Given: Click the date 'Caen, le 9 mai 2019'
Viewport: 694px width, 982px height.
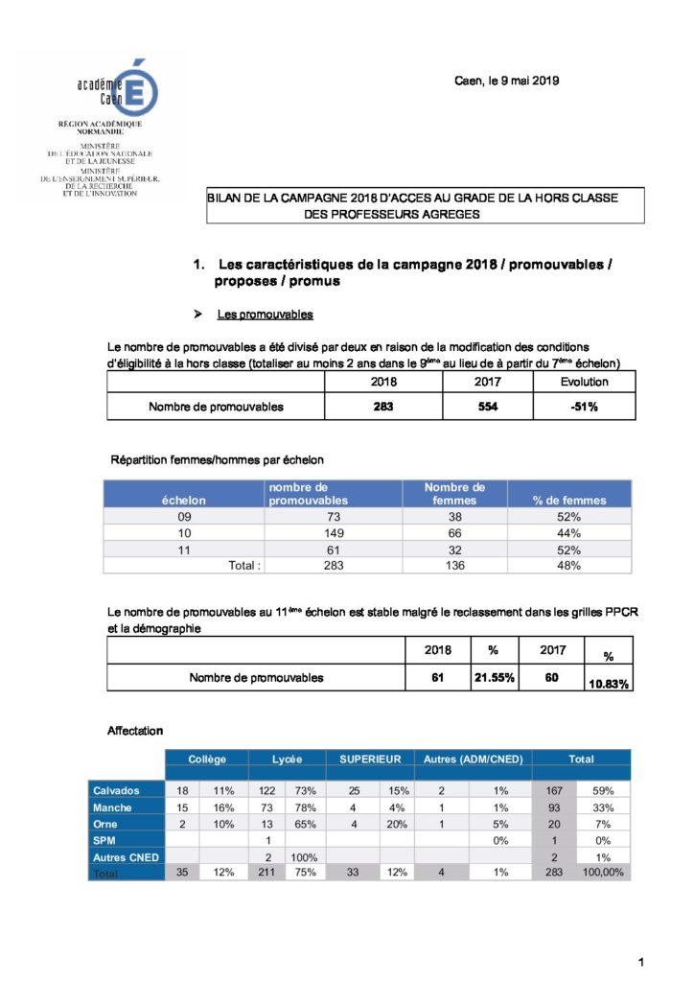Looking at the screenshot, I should coord(506,81).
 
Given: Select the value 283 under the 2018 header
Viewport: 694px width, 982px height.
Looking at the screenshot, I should coord(383,407).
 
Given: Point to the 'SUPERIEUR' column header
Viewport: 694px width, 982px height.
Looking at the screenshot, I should coord(369,759).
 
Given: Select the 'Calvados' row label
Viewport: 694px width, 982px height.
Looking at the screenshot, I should coord(116,791).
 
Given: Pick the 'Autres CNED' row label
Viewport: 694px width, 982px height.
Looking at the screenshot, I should coord(125,856).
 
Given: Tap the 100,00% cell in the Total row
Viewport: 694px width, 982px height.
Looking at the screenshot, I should coord(604,873).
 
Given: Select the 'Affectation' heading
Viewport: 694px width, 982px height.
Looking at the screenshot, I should coord(135,731).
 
